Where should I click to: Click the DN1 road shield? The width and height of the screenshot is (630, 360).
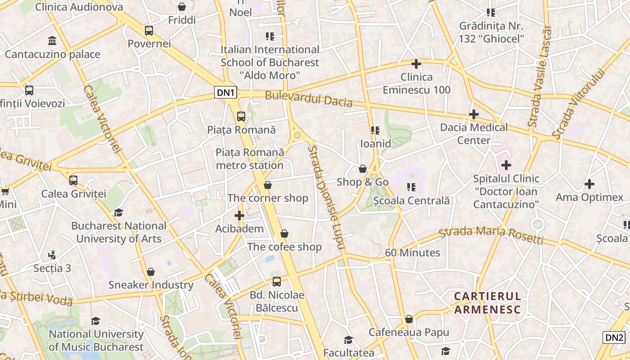(x=225, y=93)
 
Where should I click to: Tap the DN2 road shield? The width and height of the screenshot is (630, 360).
(x=614, y=337)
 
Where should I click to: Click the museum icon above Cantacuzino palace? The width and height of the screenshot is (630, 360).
(x=52, y=41)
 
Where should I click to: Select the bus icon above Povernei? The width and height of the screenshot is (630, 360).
(x=149, y=31)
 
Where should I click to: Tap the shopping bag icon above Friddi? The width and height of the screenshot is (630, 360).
(x=182, y=7)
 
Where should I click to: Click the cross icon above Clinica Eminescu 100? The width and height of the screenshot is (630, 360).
(x=416, y=64)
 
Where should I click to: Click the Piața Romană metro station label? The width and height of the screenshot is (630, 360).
(x=250, y=159)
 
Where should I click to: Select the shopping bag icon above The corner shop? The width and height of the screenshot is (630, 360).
(x=268, y=185)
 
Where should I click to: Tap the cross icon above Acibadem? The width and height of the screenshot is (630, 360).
(x=239, y=216)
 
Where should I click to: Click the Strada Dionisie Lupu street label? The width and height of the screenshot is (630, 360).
(x=326, y=197)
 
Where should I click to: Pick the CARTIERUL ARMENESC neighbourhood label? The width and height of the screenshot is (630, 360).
(x=487, y=303)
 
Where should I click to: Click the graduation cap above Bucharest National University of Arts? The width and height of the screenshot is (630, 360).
(x=118, y=212)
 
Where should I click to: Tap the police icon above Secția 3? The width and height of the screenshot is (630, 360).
(x=52, y=255)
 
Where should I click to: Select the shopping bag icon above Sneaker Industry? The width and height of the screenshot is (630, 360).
(x=151, y=272)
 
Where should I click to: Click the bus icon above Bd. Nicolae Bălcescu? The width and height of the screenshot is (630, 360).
(x=277, y=282)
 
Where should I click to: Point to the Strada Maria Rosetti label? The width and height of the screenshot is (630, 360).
(x=491, y=234)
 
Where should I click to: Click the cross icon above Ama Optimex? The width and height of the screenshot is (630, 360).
(x=589, y=184)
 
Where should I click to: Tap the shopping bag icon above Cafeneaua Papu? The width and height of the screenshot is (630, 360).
(x=409, y=319)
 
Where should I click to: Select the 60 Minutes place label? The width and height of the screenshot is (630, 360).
(x=413, y=252)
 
